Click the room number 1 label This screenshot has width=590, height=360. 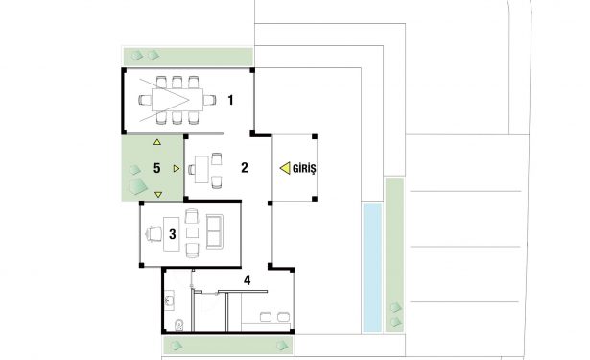[x=230, y=100]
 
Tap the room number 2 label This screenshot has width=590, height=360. [x=245, y=168]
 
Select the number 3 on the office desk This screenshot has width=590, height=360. [x=173, y=234]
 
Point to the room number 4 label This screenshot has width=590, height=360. [x=247, y=280]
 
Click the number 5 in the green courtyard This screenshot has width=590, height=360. [x=157, y=168]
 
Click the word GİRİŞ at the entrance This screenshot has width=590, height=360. [x=304, y=169]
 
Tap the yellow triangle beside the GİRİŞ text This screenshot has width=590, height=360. [x=285, y=168]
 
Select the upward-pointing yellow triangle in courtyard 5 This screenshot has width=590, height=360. [x=157, y=142]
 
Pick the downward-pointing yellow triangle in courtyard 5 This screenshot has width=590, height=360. [x=158, y=194]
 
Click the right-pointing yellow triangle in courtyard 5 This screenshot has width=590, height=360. [x=177, y=168]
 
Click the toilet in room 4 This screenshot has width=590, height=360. [x=179, y=325]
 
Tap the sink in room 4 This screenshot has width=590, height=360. [x=169, y=300]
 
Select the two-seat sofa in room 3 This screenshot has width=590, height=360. [x=215, y=231]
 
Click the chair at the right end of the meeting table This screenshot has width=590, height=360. [x=209, y=100]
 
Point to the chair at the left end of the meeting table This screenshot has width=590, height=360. [x=145, y=100]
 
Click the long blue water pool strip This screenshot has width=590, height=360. [x=372, y=268]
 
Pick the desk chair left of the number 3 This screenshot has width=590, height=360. [x=153, y=234]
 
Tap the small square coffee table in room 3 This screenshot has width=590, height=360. [x=192, y=232]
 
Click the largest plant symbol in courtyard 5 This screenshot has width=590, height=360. [x=137, y=186]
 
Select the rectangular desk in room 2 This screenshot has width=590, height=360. [x=201, y=170]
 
